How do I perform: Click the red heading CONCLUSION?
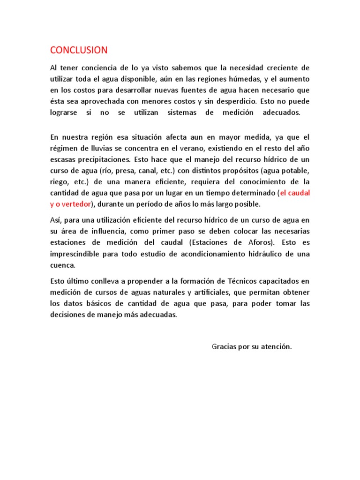pyautogui.click(x=79, y=50)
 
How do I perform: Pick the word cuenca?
pyautogui.click(x=62, y=265)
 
